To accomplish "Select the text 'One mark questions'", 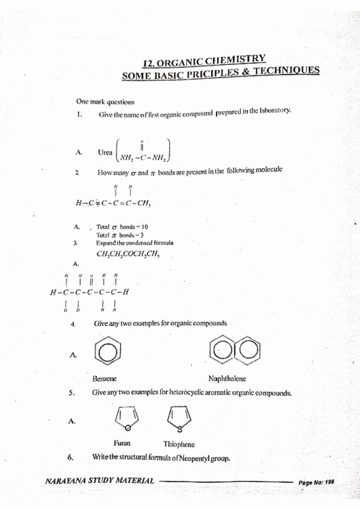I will point(105,102).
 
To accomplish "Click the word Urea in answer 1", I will point(105,152).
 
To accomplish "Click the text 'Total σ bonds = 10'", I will point(122,227).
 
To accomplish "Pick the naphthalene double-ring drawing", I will point(231,354).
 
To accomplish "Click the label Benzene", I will point(106,380).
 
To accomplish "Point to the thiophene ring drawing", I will point(178,417).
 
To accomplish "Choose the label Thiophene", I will point(179,444).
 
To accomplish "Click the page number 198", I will point(329,483).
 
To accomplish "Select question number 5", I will point(71,393).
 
